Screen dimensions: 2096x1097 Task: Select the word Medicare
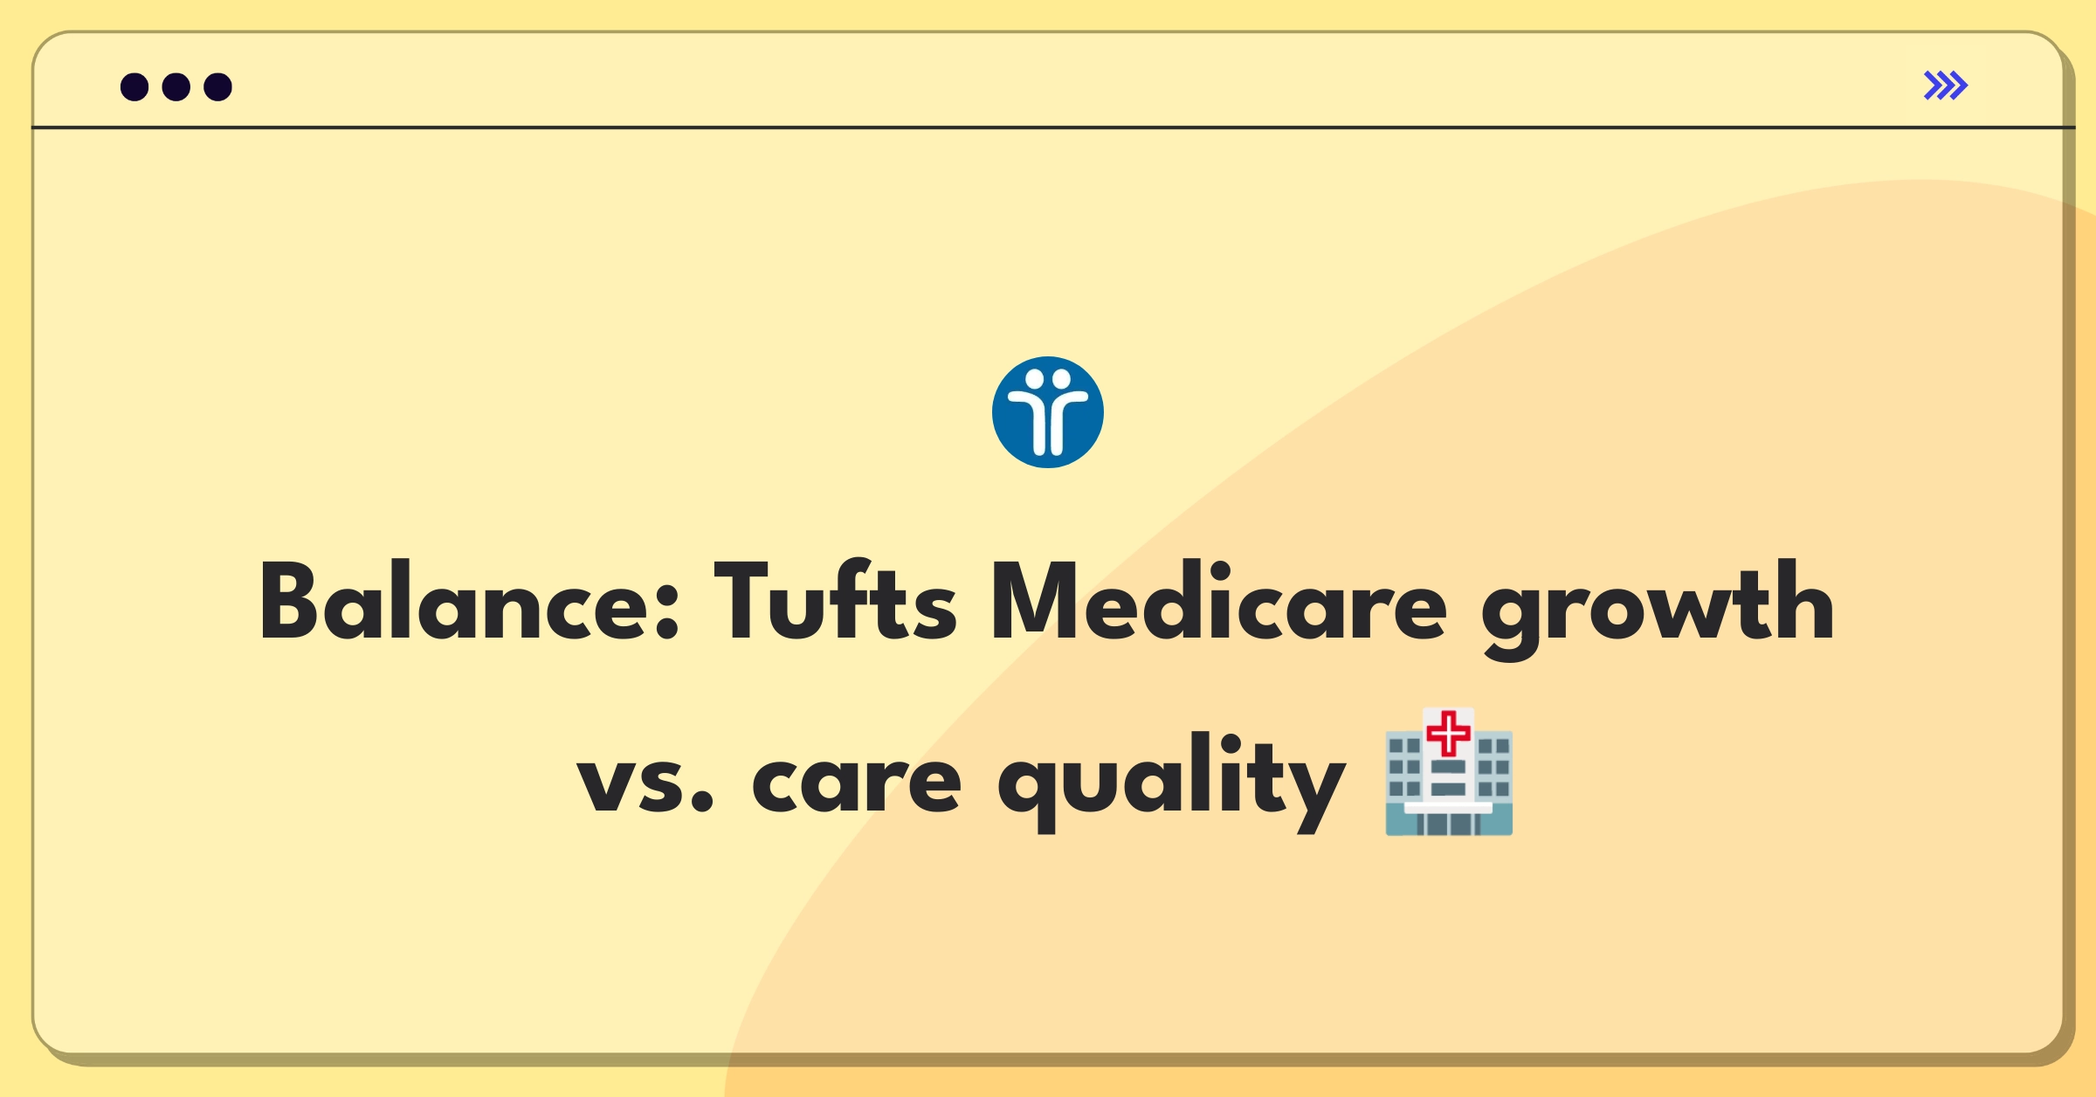(1218, 601)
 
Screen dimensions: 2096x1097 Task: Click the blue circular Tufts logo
(1048, 412)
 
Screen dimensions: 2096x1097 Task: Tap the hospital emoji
(1449, 772)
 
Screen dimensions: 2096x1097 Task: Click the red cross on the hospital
(1449, 734)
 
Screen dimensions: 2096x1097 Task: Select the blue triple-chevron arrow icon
(1946, 86)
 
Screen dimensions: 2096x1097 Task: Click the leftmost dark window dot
(134, 86)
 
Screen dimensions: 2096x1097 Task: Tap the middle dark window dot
(176, 86)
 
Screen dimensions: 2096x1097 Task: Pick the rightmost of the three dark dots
(217, 86)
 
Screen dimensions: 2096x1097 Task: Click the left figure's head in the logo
(1034, 380)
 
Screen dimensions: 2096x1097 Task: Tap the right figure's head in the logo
(1061, 380)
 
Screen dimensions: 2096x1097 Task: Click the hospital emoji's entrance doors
(1449, 823)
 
